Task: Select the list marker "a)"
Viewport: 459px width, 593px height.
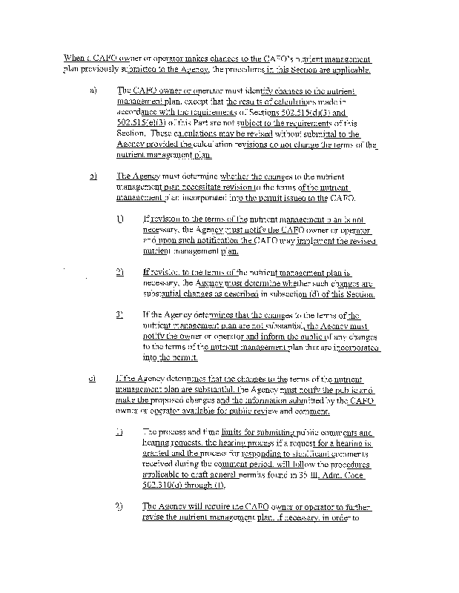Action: [x=93, y=90]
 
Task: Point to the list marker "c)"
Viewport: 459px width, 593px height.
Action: [x=93, y=379]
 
